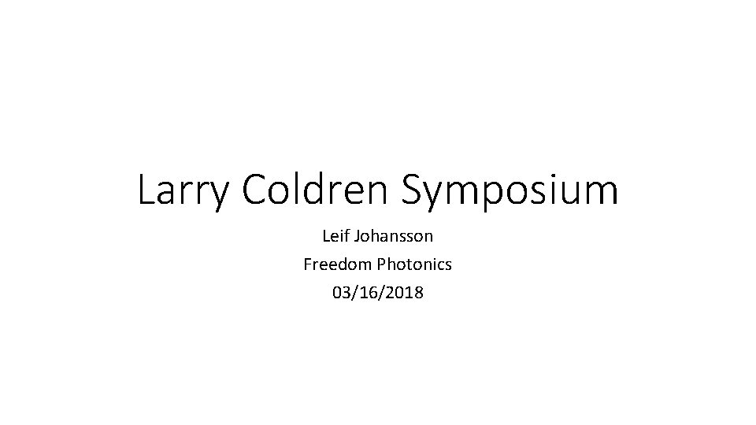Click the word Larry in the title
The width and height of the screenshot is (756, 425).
[x=184, y=191]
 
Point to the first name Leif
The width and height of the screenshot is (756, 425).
[x=335, y=235]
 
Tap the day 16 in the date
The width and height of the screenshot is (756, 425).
[x=367, y=294]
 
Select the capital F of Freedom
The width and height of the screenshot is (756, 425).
[x=307, y=264]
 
